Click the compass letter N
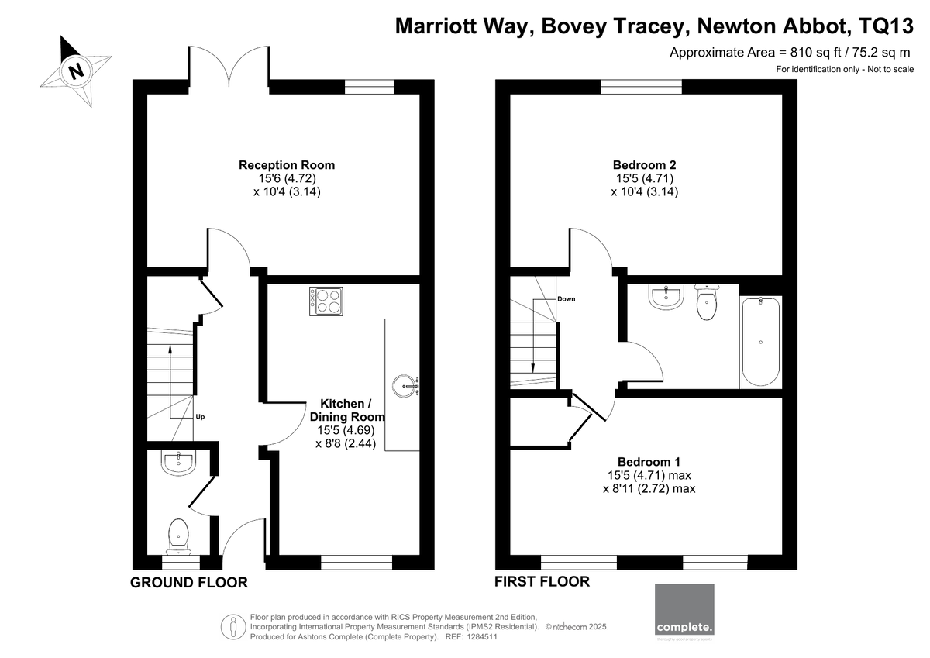point(76,71)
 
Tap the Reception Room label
point(287,165)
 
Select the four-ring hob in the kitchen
point(326,301)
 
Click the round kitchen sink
point(405,386)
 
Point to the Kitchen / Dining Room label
point(347,410)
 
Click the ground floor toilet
point(178,537)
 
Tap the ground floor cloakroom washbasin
point(178,463)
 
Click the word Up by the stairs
point(200,417)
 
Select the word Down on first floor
point(567,299)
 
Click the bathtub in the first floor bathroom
point(760,342)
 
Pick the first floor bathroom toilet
point(707,302)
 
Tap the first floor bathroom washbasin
point(666,298)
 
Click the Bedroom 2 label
point(644,165)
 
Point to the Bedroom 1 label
point(649,462)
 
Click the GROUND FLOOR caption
point(189,583)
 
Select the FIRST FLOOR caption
point(542,581)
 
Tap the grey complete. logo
point(684,609)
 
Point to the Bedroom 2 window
point(641,87)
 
